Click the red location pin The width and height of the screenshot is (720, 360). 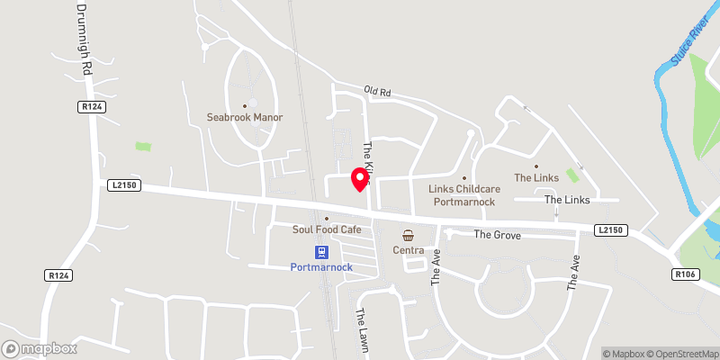(x=360, y=177)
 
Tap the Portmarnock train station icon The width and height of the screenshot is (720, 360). (x=320, y=252)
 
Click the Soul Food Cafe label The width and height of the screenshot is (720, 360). (x=327, y=230)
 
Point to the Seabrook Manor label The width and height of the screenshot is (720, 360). (x=244, y=117)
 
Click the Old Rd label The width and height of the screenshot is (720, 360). (x=378, y=91)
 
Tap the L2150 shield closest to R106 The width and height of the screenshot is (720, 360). (x=609, y=230)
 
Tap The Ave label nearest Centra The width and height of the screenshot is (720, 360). (x=436, y=268)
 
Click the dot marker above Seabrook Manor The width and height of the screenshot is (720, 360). (x=244, y=105)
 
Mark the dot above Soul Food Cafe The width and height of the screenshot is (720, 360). (x=327, y=218)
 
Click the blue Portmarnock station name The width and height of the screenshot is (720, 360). (x=320, y=267)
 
